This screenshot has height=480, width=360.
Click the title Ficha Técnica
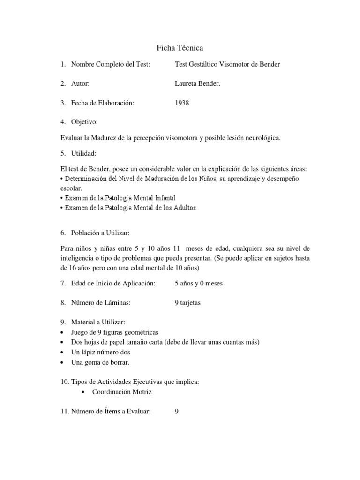180,48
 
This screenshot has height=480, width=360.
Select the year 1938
182,103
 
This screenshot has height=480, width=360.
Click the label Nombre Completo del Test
111,64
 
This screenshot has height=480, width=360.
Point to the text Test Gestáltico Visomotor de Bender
227,64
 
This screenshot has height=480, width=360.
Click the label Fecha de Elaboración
103,103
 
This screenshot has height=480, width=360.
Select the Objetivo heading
84,122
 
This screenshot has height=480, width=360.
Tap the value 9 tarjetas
187,303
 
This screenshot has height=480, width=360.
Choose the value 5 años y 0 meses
199,283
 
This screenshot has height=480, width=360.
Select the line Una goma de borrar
100,362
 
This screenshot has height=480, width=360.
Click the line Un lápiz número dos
101,352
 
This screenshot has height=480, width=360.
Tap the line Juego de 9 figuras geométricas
115,332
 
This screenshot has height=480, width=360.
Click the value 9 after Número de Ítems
177,412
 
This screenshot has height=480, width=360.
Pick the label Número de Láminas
100,303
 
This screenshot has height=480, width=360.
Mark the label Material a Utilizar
98,322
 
